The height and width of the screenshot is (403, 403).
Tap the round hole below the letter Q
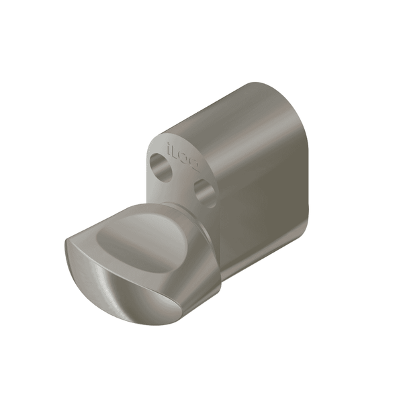[x=205, y=191]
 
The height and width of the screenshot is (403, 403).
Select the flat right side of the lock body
[x=269, y=201]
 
